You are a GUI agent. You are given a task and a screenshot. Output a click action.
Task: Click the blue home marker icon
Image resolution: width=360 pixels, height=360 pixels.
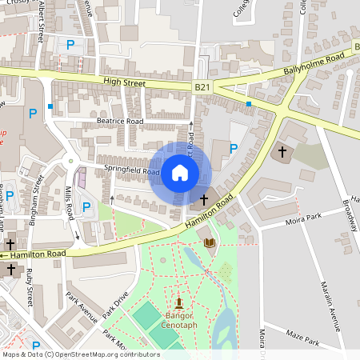[x=180, y=172]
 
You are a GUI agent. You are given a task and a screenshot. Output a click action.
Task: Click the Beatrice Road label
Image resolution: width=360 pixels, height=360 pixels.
[x=119, y=122]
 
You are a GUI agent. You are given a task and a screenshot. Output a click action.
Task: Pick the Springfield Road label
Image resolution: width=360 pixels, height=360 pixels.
[x=132, y=170]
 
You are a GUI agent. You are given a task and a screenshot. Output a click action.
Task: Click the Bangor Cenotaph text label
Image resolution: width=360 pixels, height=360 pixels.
[x=178, y=320]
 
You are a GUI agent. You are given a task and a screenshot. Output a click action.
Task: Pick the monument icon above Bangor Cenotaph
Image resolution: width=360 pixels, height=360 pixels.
[x=178, y=302]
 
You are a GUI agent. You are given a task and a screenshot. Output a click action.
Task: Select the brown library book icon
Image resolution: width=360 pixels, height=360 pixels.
[x=210, y=242]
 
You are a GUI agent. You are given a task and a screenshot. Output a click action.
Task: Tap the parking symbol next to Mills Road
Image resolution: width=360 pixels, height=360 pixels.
[x=86, y=207]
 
